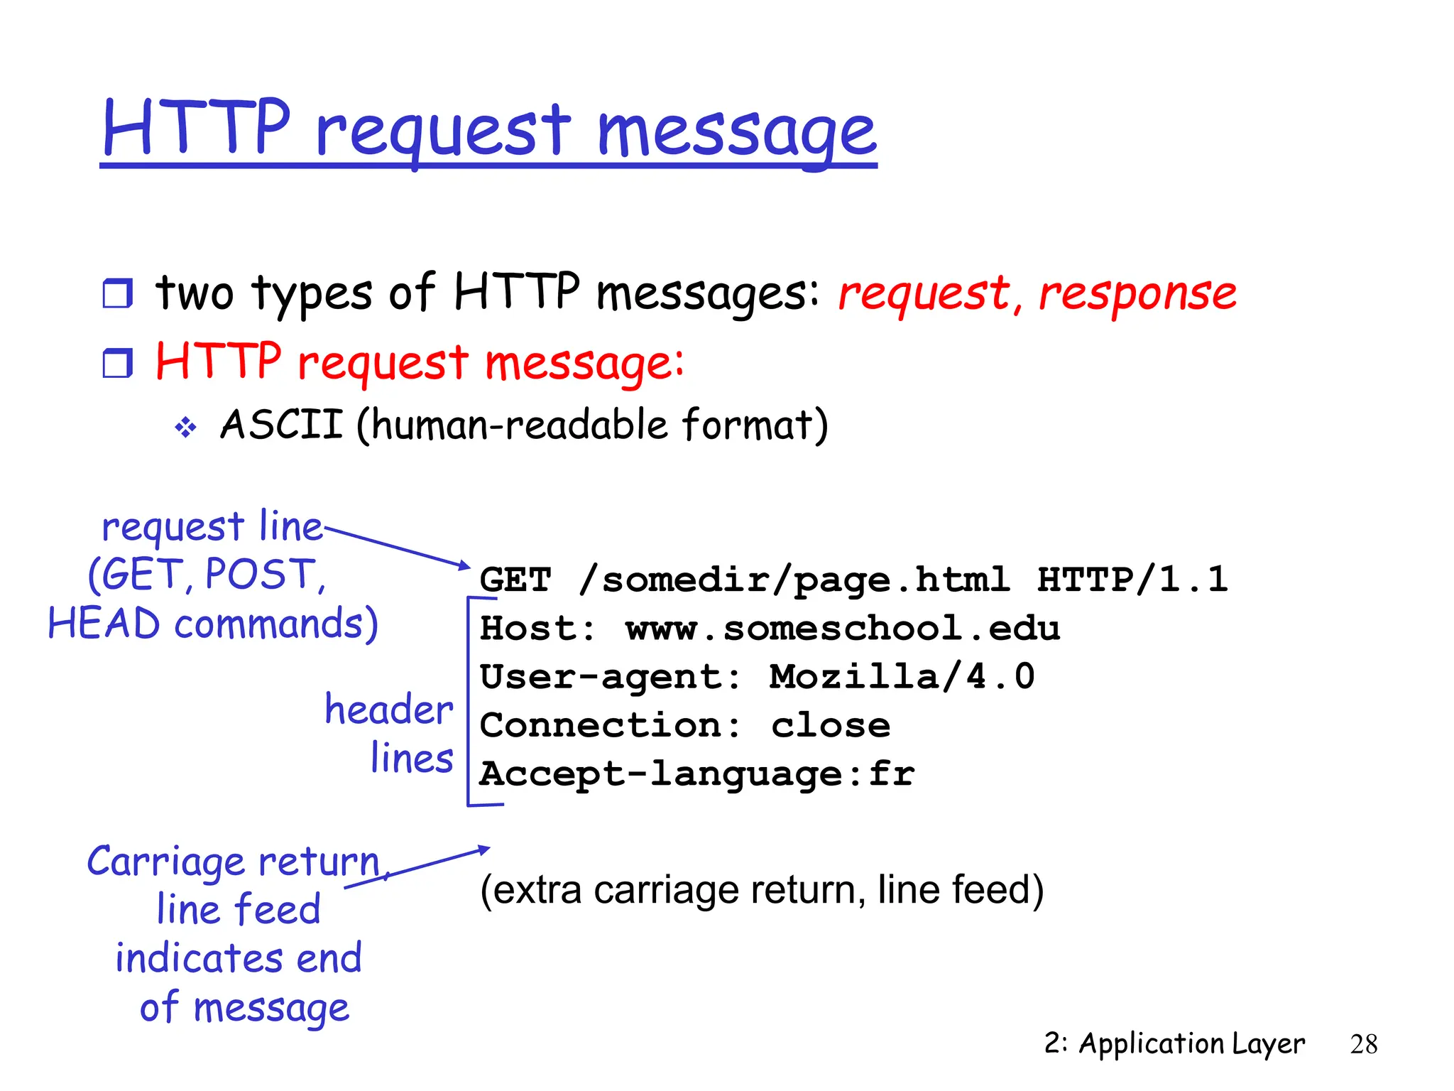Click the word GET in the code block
tap(515, 580)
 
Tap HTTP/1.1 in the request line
tap(1132, 580)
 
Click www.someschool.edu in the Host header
tap(843, 629)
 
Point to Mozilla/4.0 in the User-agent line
tap(902, 676)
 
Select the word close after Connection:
tap(831, 725)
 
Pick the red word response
tap(1137, 293)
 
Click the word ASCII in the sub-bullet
tap(282, 425)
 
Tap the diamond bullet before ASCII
tap(186, 428)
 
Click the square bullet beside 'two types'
tap(117, 293)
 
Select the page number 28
tap(1363, 1044)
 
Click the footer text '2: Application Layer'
tap(1174, 1043)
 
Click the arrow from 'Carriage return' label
tap(419, 867)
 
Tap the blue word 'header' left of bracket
tap(389, 710)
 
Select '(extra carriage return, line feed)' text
tap(762, 890)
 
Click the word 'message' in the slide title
tap(736, 131)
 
